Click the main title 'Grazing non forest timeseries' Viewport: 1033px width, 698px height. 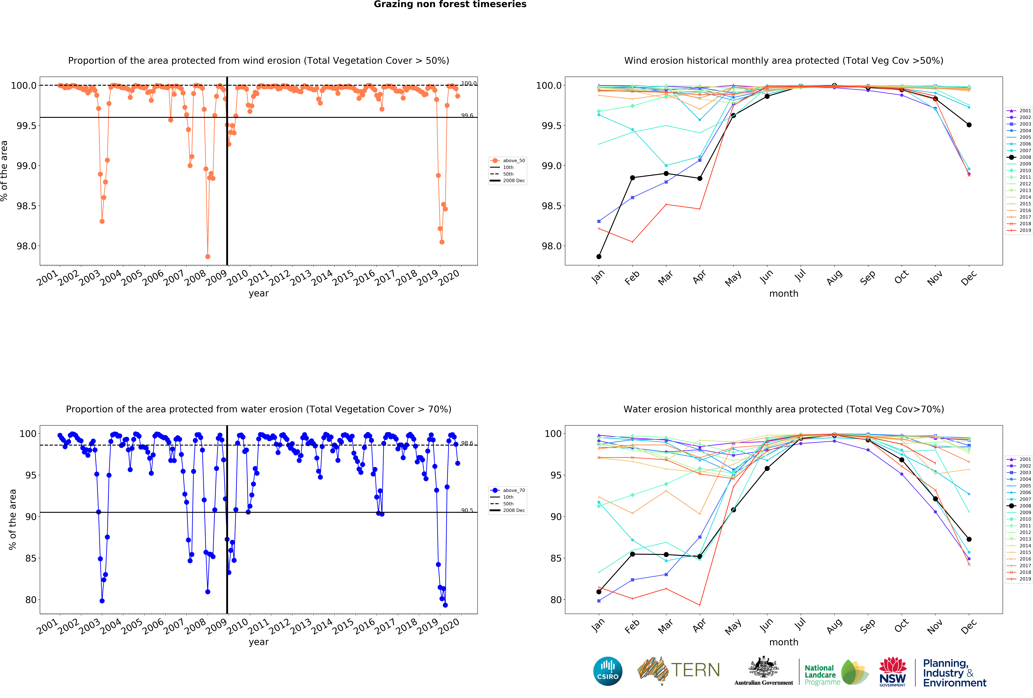point(450,4)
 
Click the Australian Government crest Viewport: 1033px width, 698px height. point(763,667)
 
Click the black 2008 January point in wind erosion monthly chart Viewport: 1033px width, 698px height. point(599,256)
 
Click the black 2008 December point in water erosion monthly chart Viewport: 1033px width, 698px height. point(969,539)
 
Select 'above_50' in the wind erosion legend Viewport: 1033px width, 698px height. point(513,161)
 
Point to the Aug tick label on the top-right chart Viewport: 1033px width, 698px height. point(834,277)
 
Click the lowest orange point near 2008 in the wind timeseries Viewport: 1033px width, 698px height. point(208,256)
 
